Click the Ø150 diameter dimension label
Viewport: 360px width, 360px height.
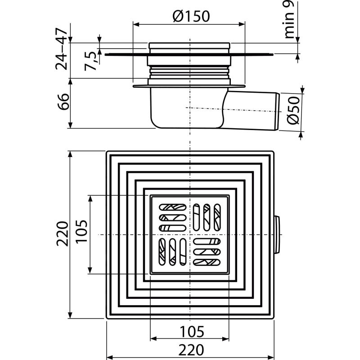[x=190, y=17]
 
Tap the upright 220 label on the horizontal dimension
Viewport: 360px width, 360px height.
[x=189, y=349]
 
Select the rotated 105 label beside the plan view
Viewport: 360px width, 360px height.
[x=81, y=234]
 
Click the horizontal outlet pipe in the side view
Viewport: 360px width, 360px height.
[x=254, y=108]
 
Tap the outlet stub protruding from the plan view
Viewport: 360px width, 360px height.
[x=277, y=235]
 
